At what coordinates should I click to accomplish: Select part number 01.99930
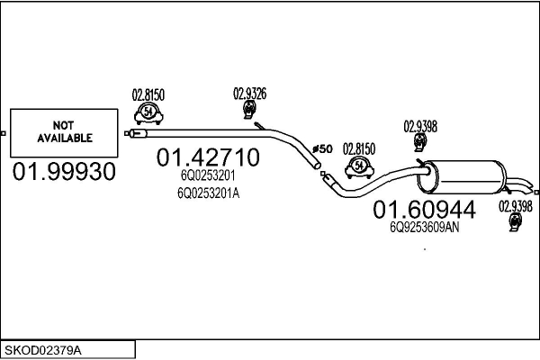coord(65,171)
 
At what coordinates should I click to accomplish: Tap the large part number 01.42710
coord(209,158)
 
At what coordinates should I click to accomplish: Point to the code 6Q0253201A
coord(209,192)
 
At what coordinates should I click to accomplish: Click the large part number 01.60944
coord(424,210)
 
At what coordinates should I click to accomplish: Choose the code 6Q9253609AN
coord(424,228)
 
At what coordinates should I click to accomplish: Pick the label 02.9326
coord(249,92)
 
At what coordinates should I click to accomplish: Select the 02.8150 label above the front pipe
coord(148,93)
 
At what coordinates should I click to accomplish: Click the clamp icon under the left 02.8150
coord(148,112)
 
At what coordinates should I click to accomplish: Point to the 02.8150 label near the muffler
coord(358,148)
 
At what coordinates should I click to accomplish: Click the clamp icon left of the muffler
coord(358,166)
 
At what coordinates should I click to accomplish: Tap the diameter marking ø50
coord(322,148)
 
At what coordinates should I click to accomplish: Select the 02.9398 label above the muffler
coord(420,126)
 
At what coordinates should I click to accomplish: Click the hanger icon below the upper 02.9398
coord(419,144)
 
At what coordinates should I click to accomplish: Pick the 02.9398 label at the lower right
coord(516,206)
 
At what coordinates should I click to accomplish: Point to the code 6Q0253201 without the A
coord(207,177)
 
